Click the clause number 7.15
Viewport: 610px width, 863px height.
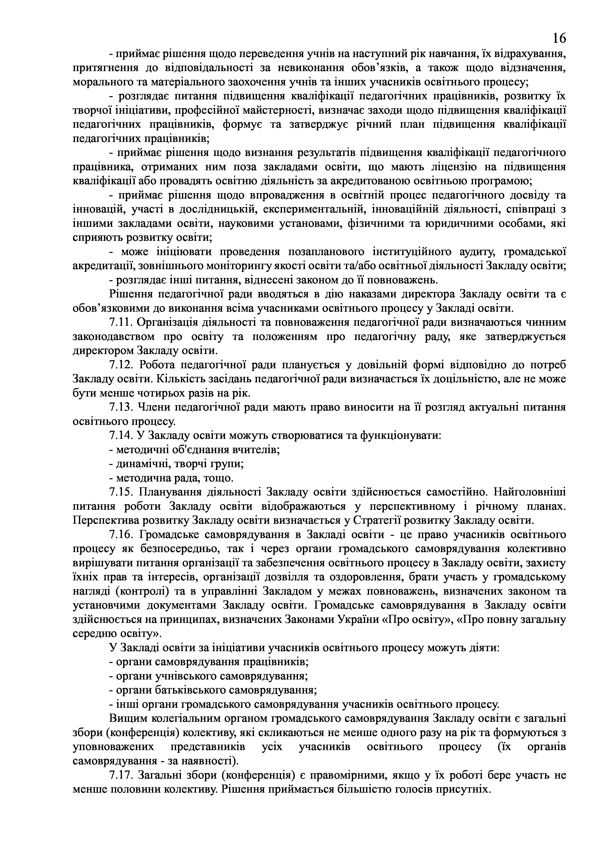(121, 492)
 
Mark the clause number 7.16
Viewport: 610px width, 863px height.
(121, 535)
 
